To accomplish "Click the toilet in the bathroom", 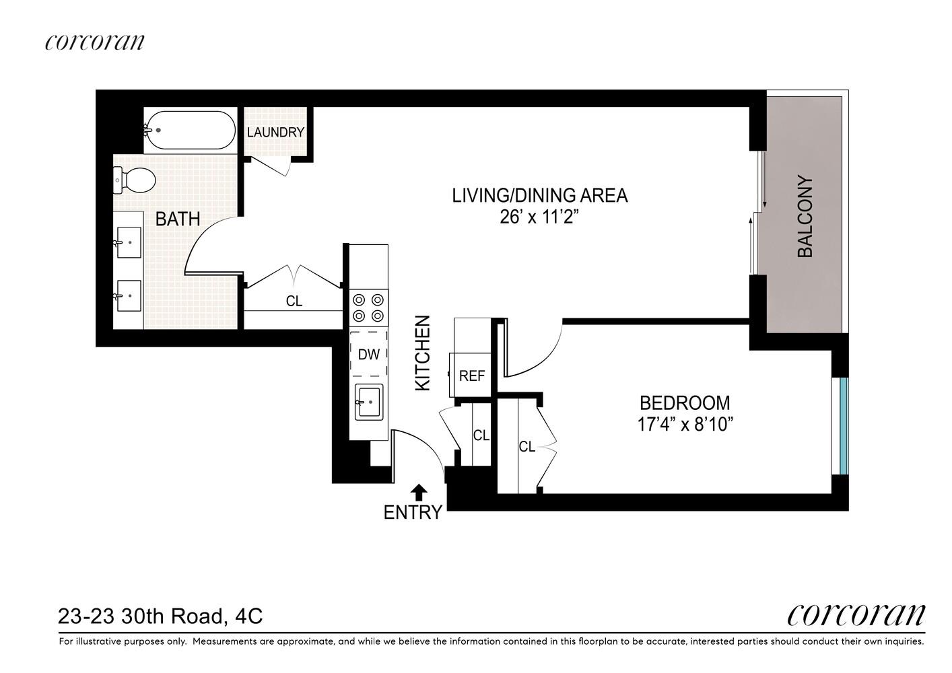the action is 134,180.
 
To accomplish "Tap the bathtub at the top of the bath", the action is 190,130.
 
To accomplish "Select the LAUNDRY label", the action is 276,132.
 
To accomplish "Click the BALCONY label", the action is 805,216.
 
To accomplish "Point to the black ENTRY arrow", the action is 419,492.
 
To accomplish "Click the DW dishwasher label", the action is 368,355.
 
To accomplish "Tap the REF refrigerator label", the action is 472,376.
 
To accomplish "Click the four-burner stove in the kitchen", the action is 368,308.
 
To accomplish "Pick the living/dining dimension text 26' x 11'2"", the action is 539,217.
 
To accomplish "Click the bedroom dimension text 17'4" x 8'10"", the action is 685,425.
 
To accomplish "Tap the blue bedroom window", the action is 844,426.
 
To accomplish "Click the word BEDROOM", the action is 685,402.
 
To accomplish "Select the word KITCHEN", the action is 423,353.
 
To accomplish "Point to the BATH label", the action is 178,219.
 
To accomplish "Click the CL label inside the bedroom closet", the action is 527,447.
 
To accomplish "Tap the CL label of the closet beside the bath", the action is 294,302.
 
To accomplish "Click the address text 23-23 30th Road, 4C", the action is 160,616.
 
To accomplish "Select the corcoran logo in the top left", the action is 95,42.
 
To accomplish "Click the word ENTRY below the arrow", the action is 413,512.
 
